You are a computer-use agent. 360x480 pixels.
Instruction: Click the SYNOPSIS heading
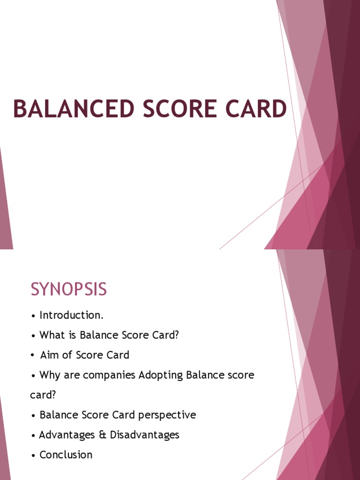(69, 289)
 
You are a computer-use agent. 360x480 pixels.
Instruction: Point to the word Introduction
(71, 315)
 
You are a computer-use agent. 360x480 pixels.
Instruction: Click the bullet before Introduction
(33, 316)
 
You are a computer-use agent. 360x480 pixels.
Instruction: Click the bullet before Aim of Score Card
(33, 356)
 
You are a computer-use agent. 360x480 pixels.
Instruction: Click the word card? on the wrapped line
(43, 395)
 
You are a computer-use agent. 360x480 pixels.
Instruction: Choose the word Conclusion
(66, 455)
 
